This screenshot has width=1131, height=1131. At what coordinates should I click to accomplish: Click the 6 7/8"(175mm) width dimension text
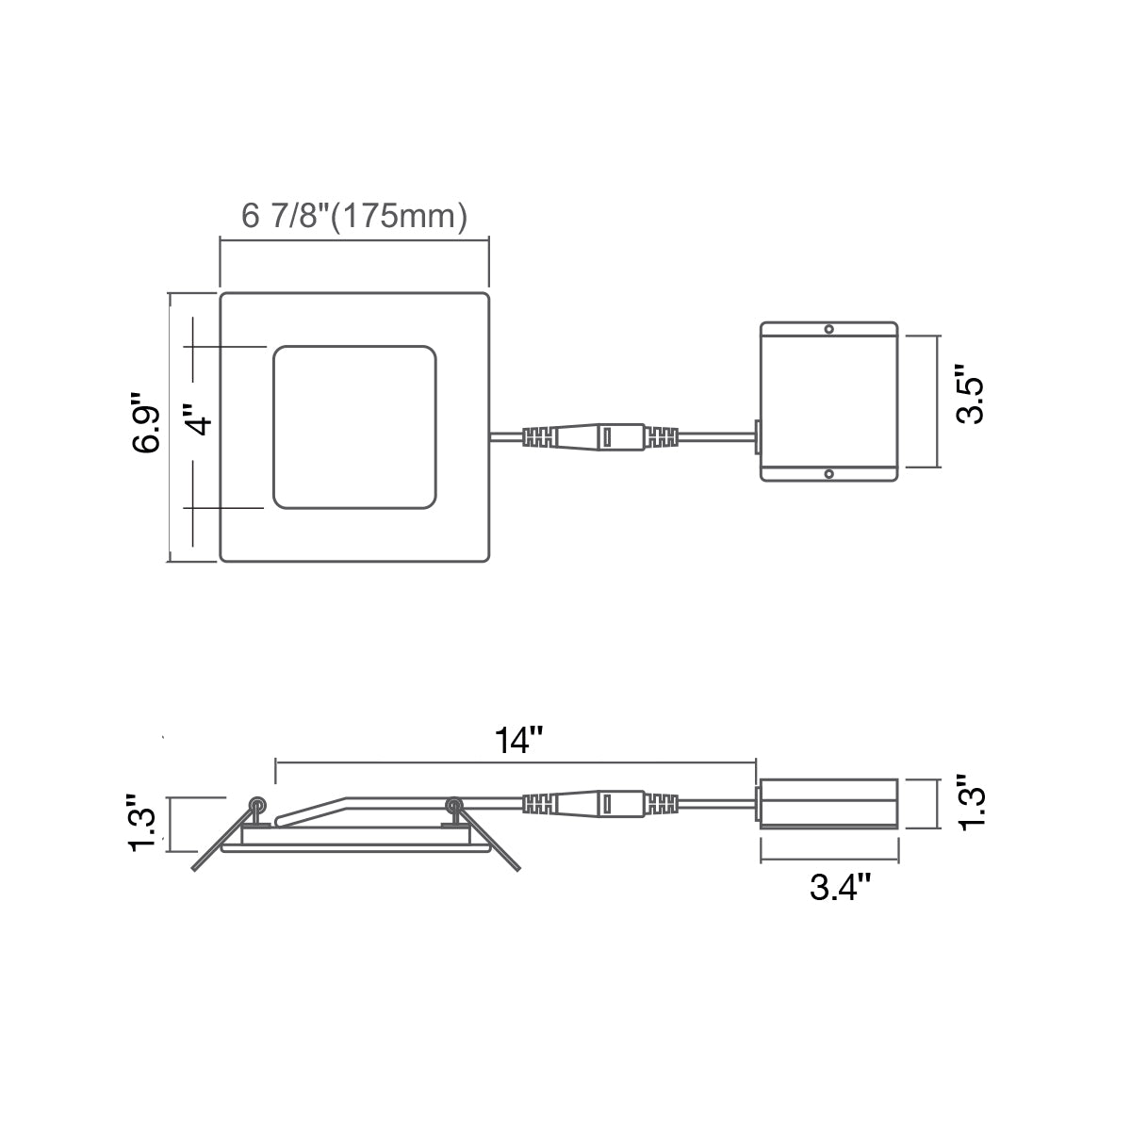tap(354, 216)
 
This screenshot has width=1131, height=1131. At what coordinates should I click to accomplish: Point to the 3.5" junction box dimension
tap(969, 394)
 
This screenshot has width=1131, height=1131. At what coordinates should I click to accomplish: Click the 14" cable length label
tap(519, 740)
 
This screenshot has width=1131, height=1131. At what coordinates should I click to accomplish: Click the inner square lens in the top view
tap(354, 427)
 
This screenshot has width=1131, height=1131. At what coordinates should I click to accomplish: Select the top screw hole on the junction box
tap(828, 329)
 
